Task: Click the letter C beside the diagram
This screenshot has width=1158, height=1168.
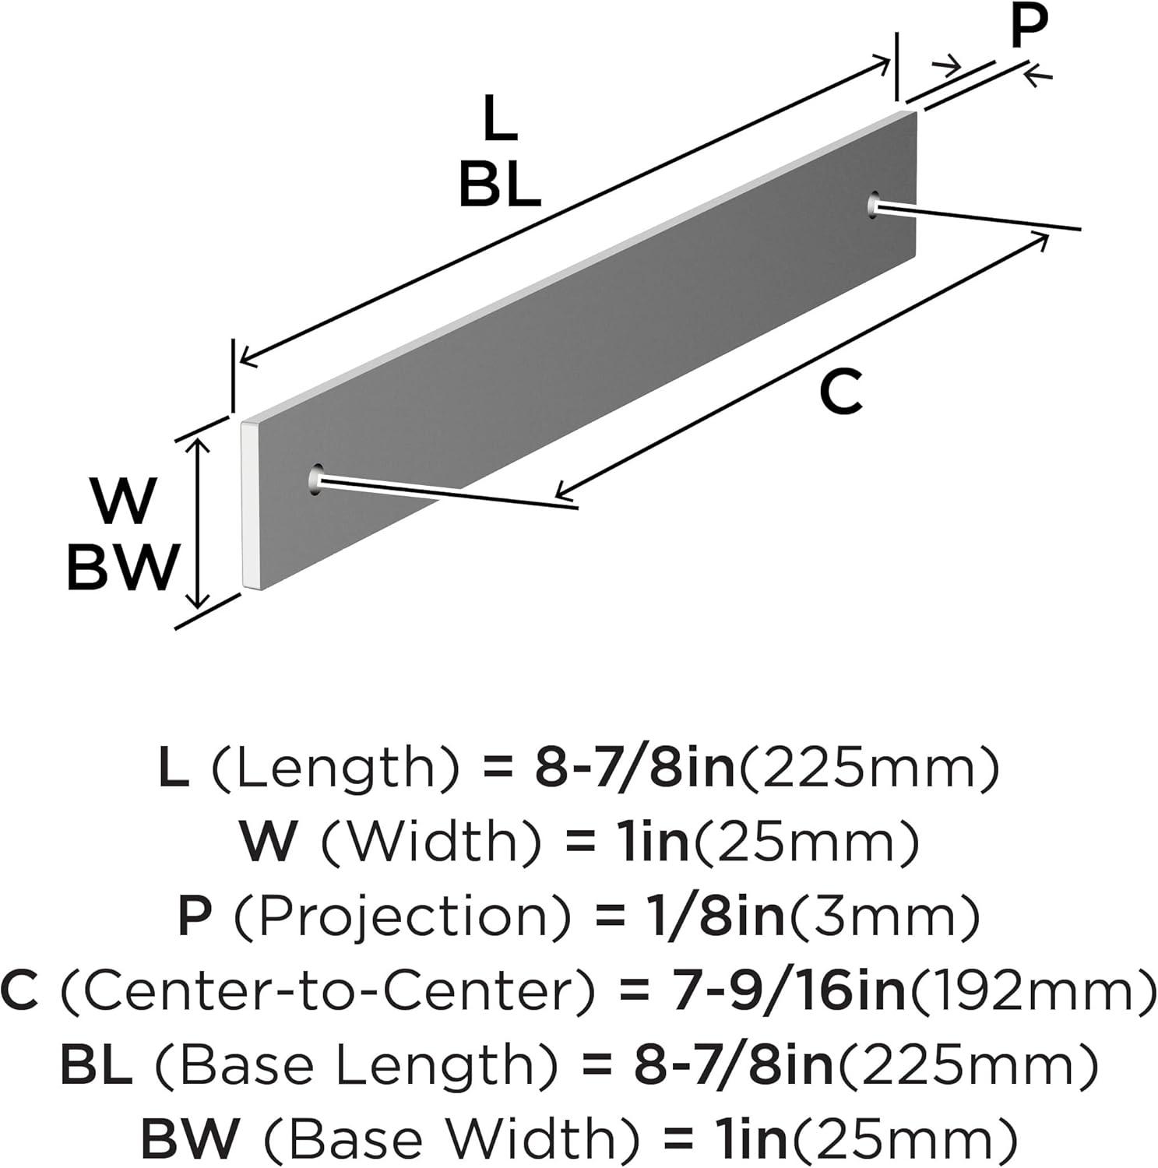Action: pos(841,392)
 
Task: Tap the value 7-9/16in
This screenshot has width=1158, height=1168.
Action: pos(787,991)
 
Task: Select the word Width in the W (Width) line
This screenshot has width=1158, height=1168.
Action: pos(430,843)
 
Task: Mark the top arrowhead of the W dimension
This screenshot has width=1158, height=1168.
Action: pos(200,447)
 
